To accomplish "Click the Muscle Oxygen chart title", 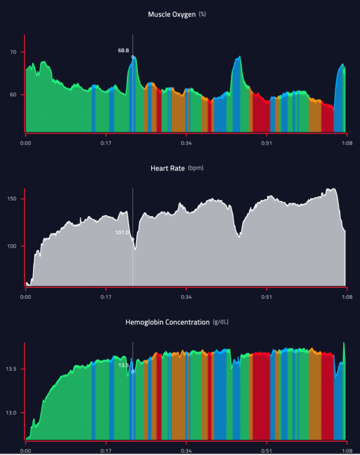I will coord(173,13).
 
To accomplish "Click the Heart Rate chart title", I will coord(167,168).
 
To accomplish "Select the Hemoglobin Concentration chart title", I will coord(167,322).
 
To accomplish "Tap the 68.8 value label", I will coord(123,51).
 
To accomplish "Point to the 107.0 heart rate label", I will coord(122,232).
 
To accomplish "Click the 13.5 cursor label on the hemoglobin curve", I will coord(123,366).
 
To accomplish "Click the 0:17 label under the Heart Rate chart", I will coord(106,296).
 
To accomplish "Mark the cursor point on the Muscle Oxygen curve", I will coord(133,58).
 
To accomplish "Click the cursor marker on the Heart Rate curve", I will coord(133,239).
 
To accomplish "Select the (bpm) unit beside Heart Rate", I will coord(195,168).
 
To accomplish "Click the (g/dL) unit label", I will coord(222,322).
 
